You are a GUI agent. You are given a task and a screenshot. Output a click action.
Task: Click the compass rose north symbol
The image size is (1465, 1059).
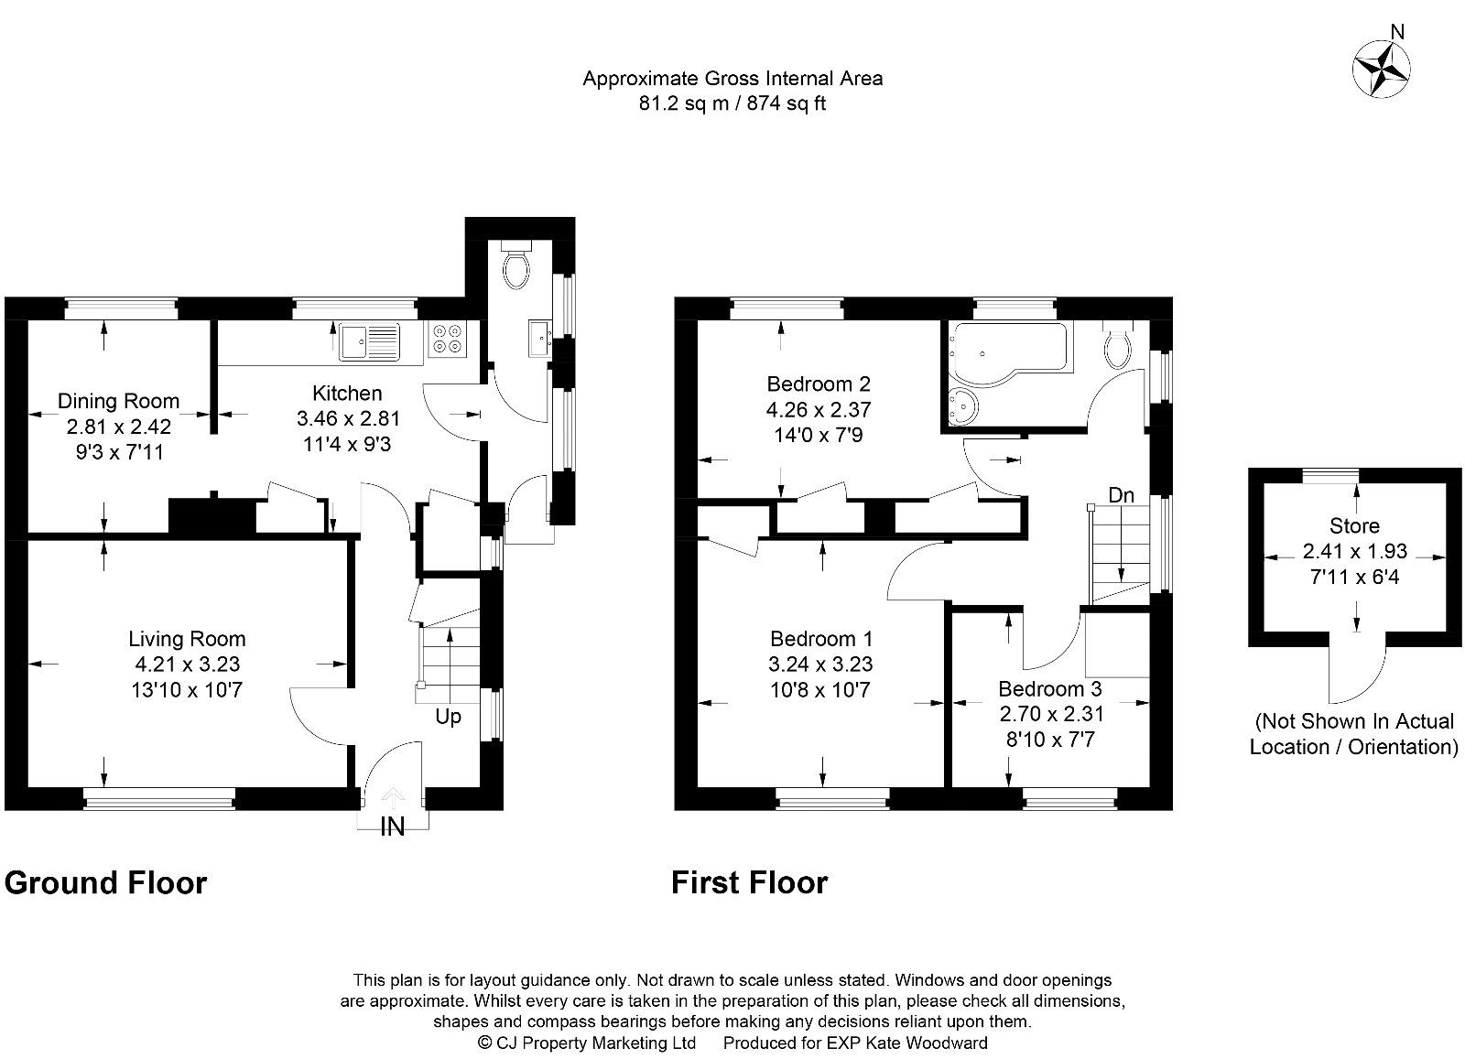pyautogui.click(x=1382, y=67)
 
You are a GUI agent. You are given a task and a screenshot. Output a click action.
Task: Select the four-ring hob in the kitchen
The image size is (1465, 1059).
pyautogui.click(x=447, y=340)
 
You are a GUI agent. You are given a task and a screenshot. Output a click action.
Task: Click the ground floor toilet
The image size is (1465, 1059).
pyautogui.click(x=518, y=267)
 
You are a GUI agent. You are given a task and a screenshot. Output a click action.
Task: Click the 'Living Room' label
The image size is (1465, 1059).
pyautogui.click(x=187, y=639)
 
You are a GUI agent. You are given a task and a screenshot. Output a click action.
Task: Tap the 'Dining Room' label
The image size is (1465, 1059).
pyautogui.click(x=118, y=401)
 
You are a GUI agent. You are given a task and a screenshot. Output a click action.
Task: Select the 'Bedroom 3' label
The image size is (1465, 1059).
pyautogui.click(x=1049, y=688)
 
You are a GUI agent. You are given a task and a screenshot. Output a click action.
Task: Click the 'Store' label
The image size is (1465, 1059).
pyautogui.click(x=1354, y=526)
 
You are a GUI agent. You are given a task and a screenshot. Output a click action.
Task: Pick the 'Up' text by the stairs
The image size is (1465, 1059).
pyautogui.click(x=448, y=717)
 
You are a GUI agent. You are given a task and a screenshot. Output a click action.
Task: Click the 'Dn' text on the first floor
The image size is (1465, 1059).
pyautogui.click(x=1121, y=495)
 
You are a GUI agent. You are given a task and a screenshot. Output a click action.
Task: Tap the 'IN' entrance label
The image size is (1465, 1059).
pyautogui.click(x=393, y=827)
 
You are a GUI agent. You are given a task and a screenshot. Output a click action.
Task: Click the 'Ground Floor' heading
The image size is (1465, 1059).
pyautogui.click(x=106, y=883)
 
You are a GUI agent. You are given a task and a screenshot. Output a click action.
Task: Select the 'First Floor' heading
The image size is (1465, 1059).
pyautogui.click(x=749, y=883)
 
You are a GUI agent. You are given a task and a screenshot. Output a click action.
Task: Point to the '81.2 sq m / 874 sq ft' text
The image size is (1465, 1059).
pyautogui.click(x=732, y=103)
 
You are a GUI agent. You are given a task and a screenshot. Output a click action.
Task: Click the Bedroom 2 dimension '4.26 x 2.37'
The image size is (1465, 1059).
pyautogui.click(x=819, y=409)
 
